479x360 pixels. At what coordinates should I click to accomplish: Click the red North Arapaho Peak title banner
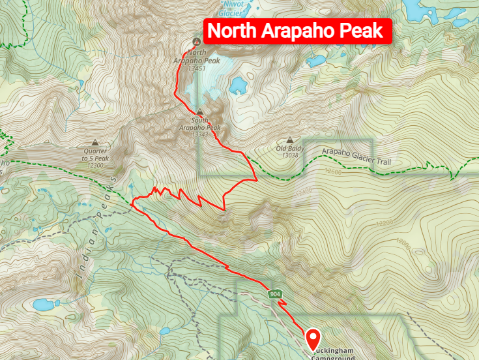click(x=298, y=31)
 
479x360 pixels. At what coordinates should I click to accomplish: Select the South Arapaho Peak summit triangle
click(x=199, y=112)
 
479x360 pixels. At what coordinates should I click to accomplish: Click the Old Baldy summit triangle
click(x=289, y=140)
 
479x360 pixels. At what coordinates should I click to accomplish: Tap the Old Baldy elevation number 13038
click(x=289, y=155)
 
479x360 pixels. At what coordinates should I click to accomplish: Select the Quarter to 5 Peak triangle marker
click(x=96, y=142)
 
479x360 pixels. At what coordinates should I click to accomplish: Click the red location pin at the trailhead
click(x=314, y=339)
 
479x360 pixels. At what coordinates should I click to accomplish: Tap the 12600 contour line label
click(x=331, y=172)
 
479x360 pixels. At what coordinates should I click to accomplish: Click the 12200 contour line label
click(x=385, y=223)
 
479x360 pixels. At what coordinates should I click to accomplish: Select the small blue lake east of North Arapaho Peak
click(x=237, y=85)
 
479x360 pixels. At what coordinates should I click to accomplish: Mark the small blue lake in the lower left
click(x=43, y=304)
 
